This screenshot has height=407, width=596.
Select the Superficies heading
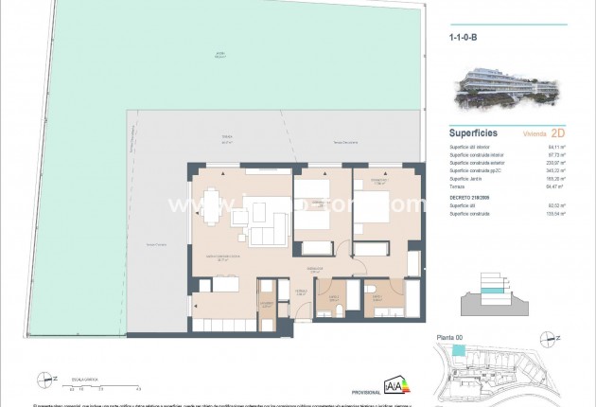pyautogui.click(x=473, y=133)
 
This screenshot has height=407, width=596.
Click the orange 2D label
pyautogui.click(x=557, y=133)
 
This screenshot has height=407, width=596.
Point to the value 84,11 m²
pyautogui.click(x=558, y=147)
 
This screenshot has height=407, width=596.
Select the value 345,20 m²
pyautogui.click(x=557, y=170)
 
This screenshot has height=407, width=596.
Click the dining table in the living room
pyautogui.click(x=211, y=206)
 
